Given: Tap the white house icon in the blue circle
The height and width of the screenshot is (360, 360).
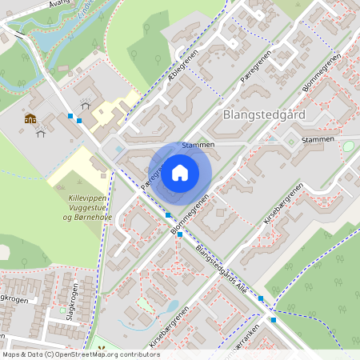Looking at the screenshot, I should pyautogui.click(x=180, y=172).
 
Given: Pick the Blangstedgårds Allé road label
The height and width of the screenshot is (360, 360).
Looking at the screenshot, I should pyautogui.click(x=221, y=271).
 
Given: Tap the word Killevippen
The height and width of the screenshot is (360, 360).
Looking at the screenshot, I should pyautogui.click(x=89, y=196).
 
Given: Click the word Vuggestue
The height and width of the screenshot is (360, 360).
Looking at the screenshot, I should pyautogui.click(x=89, y=206).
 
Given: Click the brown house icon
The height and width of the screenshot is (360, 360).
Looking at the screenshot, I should pyautogui.click(x=30, y=119).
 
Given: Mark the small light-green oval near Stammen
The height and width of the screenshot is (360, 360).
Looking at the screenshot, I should pyautogui.click(x=348, y=146).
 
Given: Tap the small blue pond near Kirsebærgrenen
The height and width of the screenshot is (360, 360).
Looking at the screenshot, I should pyautogui.click(x=171, y=306).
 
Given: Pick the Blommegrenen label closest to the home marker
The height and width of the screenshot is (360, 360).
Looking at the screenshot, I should pyautogui.click(x=190, y=214).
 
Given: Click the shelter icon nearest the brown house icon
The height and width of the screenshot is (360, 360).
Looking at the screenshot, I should pyautogui.click(x=40, y=132).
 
